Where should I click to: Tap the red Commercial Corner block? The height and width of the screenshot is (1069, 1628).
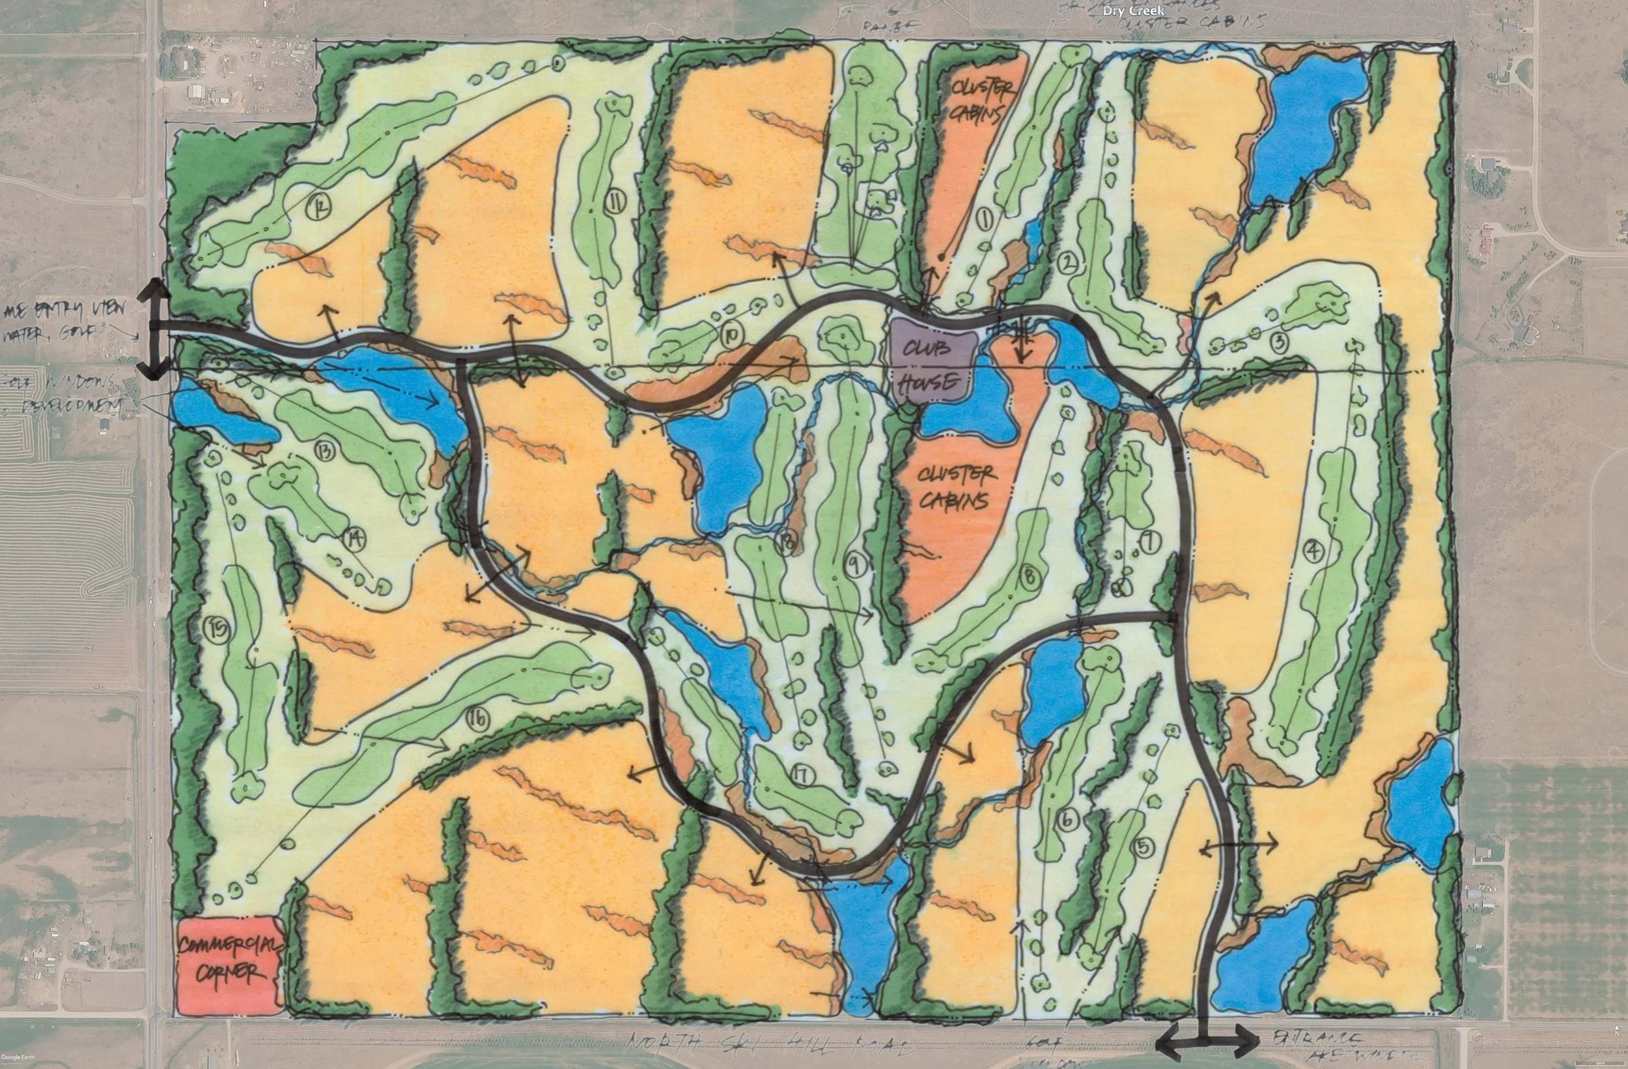(229, 963)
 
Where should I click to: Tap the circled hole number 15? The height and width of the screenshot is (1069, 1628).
(219, 627)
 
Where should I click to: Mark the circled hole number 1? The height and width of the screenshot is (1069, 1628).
(986, 219)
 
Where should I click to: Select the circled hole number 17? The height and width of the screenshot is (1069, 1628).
(801, 775)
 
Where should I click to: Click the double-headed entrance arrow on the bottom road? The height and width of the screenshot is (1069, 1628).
(1207, 1043)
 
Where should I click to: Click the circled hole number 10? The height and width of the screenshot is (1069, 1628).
(732, 335)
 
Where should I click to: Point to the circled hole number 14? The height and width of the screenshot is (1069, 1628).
(355, 540)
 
